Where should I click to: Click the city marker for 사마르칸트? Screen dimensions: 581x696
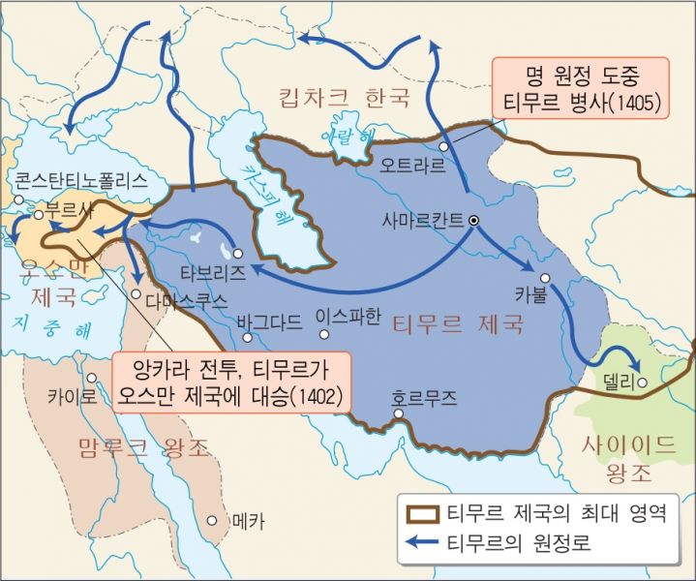(x=474, y=221)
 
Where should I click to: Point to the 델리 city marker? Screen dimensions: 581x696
(x=642, y=382)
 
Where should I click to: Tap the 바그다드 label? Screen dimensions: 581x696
(x=270, y=320)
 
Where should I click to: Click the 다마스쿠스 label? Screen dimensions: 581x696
(x=187, y=300)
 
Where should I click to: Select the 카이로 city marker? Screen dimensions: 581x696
(x=91, y=379)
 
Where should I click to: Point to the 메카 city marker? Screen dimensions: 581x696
(x=212, y=520)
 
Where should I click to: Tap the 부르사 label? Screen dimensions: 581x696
(x=66, y=211)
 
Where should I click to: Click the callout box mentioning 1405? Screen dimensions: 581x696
(x=580, y=88)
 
